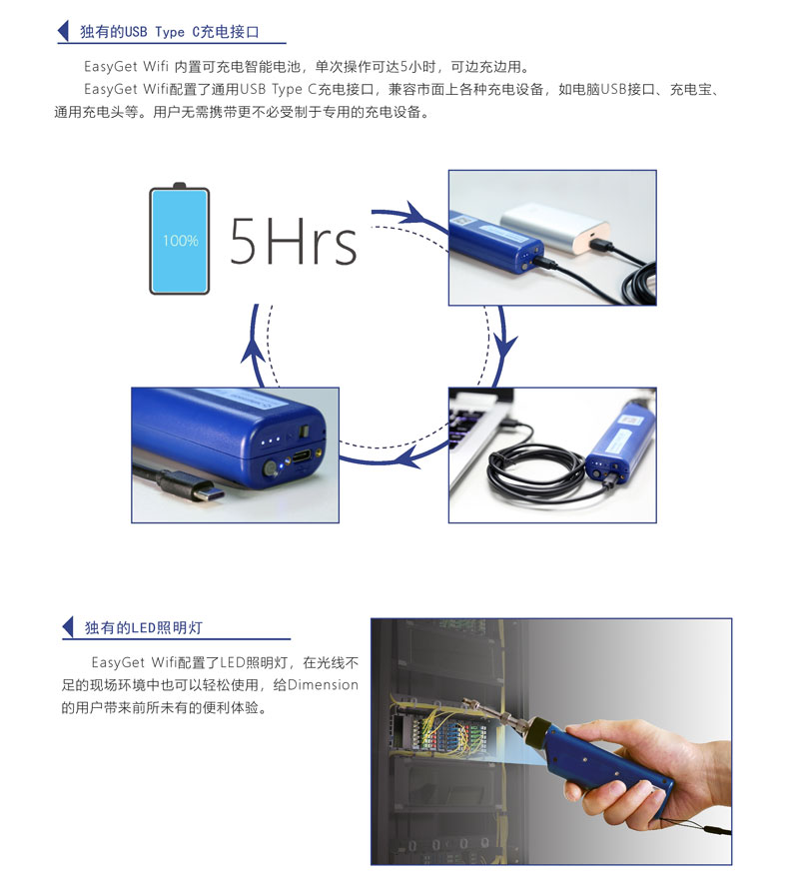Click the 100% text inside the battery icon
[x=180, y=241]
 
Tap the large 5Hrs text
[x=293, y=242]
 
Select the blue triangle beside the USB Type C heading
[x=63, y=31]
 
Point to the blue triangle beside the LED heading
[x=68, y=627]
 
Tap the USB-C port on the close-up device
[x=302, y=455]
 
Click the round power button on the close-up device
[x=271, y=468]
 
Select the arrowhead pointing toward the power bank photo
[x=417, y=215]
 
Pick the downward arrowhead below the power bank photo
[x=503, y=346]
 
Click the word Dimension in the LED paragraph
[x=323, y=685]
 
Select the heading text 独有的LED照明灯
[x=144, y=627]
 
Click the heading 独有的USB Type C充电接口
[x=170, y=32]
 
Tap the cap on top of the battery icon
[x=180, y=186]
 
